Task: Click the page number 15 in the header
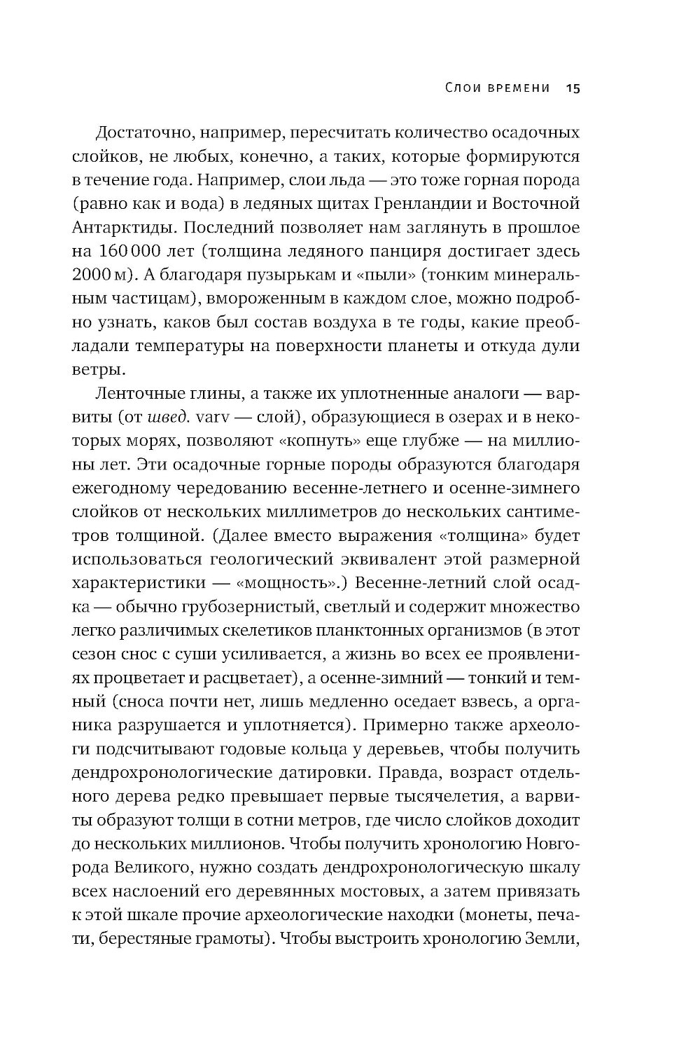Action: coord(574,88)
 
